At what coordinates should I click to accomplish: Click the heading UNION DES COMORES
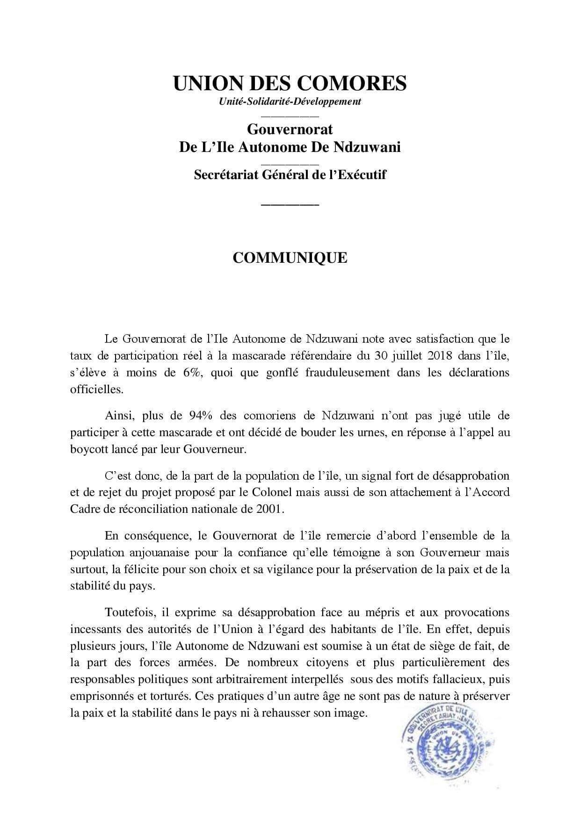290,83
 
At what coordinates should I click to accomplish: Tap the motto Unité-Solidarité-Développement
290,101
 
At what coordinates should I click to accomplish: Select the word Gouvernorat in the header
290,128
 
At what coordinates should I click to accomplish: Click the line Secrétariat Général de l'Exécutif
290,175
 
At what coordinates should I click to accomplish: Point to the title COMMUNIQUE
290,258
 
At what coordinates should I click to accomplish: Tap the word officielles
97,389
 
